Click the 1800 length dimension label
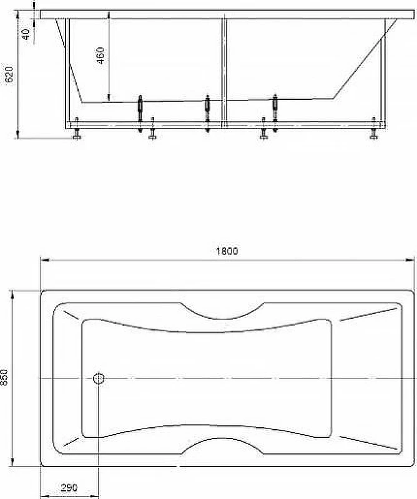click(x=227, y=251)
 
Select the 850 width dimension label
click(x=4, y=378)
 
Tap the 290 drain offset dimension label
click(x=69, y=488)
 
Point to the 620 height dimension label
click(x=9, y=74)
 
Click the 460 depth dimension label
click(x=100, y=56)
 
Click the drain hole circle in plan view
click(x=99, y=379)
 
